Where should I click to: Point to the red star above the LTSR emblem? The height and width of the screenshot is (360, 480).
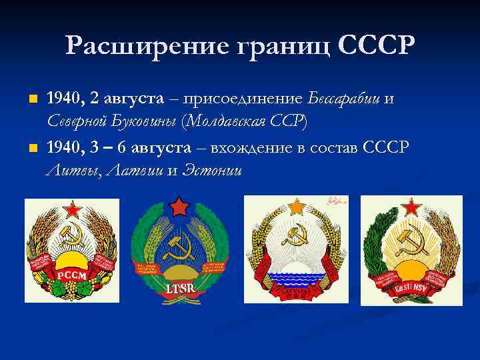(178, 206)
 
